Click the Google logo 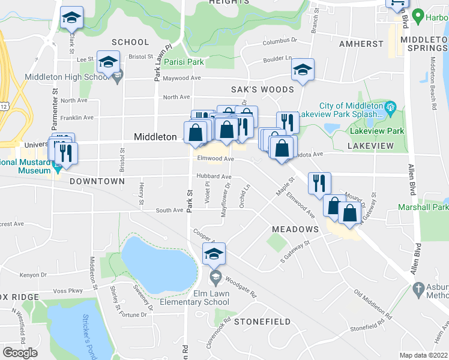(x=20, y=353)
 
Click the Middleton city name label (x=155, y=137)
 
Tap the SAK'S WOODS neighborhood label (x=263, y=89)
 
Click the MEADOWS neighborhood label (x=295, y=229)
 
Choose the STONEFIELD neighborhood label (x=258, y=322)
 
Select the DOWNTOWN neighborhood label (x=97, y=181)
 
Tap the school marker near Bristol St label (x=109, y=62)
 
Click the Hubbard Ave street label (x=213, y=177)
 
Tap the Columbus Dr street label (x=280, y=43)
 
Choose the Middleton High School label (x=65, y=77)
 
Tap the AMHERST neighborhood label (x=361, y=44)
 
